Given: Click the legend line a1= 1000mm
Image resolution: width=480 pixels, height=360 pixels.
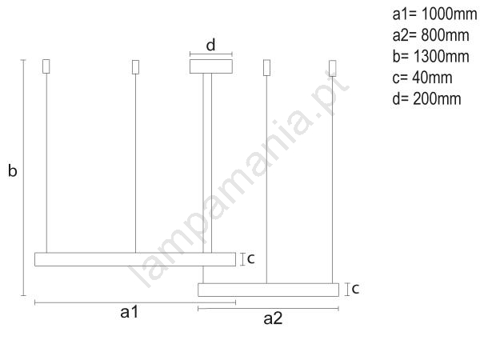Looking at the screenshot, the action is tap(434, 14).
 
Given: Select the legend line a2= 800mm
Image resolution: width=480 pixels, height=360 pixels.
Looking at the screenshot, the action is tap(430, 35).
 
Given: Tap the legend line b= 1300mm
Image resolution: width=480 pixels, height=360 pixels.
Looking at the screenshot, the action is tap(430, 56).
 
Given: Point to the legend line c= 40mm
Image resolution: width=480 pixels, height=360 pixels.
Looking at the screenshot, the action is tap(422, 78).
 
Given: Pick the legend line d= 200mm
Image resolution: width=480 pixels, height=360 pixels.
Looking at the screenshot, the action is tap(426, 99).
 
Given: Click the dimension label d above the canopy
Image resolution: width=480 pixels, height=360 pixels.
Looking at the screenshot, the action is tap(210, 45).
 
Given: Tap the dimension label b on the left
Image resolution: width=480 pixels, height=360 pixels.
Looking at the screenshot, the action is tap(13, 170).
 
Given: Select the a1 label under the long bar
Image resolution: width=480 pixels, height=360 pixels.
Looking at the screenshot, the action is tap(130, 312).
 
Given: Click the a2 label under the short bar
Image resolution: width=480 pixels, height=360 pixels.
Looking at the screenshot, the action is tap(273, 318).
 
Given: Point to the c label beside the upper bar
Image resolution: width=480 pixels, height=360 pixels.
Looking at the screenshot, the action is tap(250, 258).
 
